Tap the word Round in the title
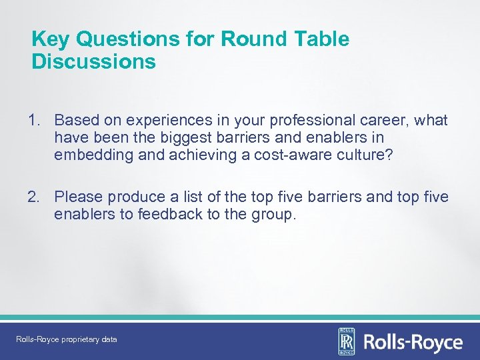pos(243,39)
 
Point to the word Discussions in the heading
pos(93,62)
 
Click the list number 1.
pos(34,121)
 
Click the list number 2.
pos(34,197)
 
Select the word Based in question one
pos(75,121)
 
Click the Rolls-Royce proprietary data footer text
pos(67,340)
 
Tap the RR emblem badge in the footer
pos(347,342)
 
